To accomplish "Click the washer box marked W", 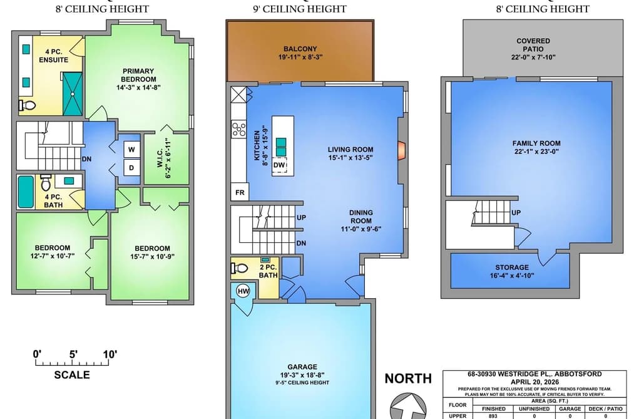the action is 131,149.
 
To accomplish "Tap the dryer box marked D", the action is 131,167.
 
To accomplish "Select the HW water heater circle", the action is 243,291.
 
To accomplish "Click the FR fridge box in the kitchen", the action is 240,192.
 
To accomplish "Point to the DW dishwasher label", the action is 279,165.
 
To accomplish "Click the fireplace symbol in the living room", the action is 401,150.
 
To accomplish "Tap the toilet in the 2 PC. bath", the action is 239,268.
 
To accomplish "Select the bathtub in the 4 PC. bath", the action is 26,192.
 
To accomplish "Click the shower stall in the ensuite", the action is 73,94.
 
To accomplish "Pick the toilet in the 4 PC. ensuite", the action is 27,106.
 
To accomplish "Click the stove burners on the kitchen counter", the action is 238,130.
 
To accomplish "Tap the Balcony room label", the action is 300,48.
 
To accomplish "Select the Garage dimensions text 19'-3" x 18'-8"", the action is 302,375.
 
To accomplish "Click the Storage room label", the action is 512,267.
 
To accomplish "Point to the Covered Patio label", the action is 533,45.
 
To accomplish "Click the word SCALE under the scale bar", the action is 72,375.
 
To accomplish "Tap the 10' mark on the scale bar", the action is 110,354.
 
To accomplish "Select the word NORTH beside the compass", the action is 408,378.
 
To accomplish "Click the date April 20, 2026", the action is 534,382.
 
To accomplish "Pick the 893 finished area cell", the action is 493,416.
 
